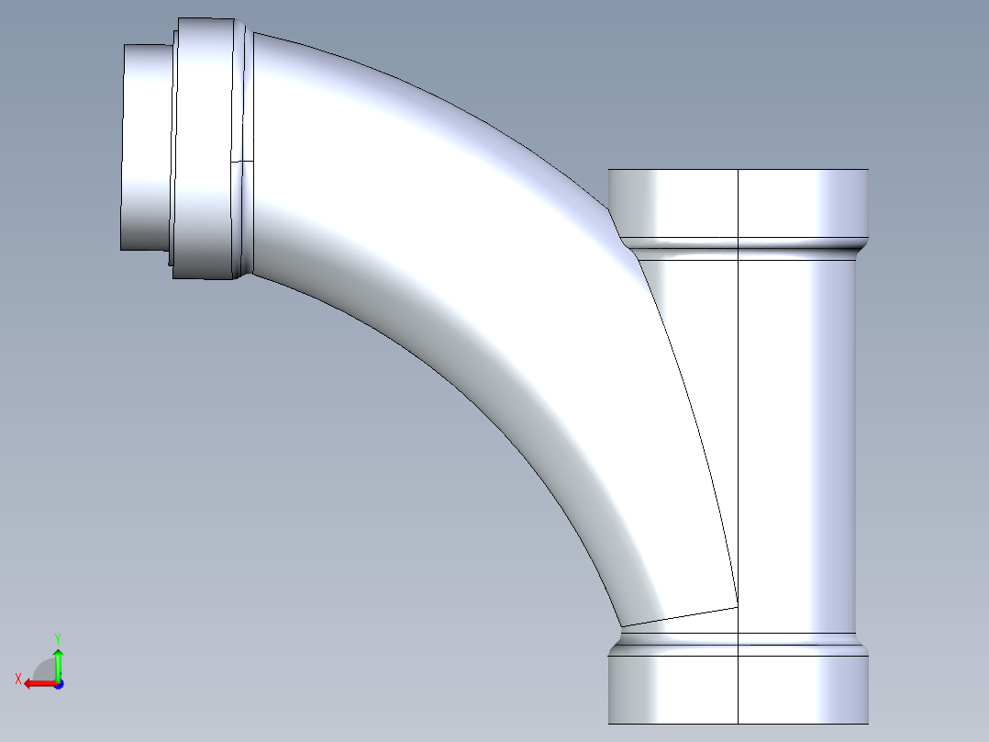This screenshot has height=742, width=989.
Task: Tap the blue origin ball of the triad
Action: (x=58, y=683)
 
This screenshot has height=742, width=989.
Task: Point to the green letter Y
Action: (x=57, y=636)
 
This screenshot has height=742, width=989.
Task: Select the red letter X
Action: (x=17, y=679)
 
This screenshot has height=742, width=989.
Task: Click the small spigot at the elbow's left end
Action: (x=146, y=147)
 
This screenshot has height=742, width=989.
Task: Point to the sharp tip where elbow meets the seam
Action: (x=737, y=606)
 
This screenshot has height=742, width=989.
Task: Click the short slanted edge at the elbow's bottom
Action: (x=679, y=616)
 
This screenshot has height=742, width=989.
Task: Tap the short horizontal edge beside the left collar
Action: (x=241, y=161)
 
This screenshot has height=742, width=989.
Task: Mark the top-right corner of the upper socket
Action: (x=868, y=170)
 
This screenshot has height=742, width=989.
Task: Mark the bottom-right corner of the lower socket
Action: (x=868, y=723)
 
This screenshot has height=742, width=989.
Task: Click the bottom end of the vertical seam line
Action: (x=739, y=723)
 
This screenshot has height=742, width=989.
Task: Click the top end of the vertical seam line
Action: (x=739, y=170)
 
